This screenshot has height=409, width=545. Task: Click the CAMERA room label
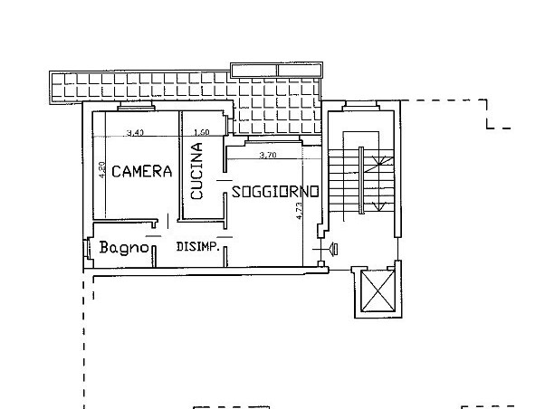pos(141,171)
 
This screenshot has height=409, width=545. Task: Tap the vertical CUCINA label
pos(196,172)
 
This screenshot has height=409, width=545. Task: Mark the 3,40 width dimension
pos(135,133)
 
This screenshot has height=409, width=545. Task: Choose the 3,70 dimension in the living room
pos(267,156)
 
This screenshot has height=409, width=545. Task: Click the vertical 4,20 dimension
pos(103,169)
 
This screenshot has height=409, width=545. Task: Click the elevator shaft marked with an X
pos(374,291)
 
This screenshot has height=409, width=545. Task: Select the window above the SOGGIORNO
pos(265,142)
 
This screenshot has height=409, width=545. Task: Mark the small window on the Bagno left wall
pos(86,248)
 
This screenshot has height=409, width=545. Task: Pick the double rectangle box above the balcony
pos(277,70)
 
